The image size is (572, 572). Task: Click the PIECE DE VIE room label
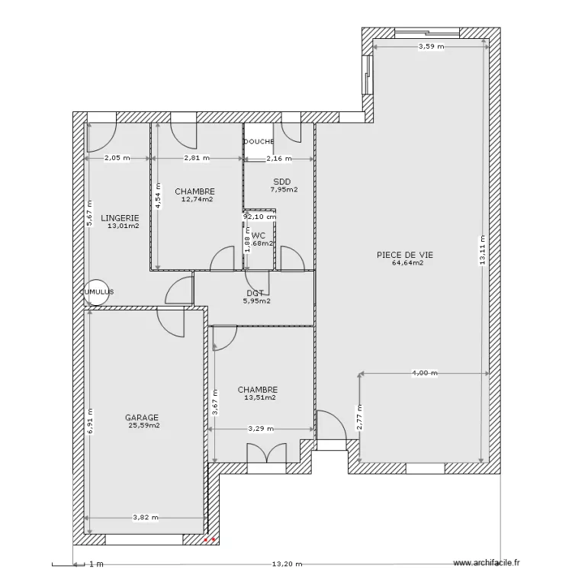point(400,255)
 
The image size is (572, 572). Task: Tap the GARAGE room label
point(142,417)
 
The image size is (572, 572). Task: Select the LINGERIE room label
point(119,217)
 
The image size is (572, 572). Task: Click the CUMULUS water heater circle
point(98,291)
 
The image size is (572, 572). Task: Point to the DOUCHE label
point(259,142)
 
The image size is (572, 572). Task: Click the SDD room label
point(282,182)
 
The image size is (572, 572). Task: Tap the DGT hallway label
point(255,292)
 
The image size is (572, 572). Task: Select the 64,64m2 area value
point(407,263)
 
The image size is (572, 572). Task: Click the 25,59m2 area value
point(144,426)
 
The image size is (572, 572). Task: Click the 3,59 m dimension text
point(430,47)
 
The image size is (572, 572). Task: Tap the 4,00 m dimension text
point(424,373)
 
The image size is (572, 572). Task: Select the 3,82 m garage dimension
point(145,517)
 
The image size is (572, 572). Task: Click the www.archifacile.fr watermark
point(487,564)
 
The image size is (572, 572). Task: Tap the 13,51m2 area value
point(259,397)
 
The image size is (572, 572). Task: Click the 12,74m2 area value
point(197,200)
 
